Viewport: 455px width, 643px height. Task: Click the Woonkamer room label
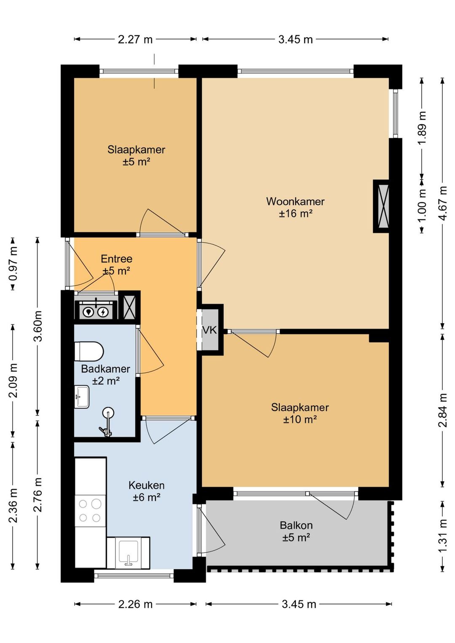(295, 201)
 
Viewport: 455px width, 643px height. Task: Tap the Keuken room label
(147, 485)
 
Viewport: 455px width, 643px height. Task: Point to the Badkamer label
(105, 369)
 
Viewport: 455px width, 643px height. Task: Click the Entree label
(117, 259)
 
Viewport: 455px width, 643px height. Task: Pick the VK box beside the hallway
(210, 330)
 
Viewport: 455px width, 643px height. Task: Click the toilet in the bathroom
(89, 351)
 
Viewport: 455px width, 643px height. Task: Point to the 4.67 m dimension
(443, 203)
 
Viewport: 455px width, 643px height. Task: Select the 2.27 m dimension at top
(135, 39)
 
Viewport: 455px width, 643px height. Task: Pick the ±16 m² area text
(295, 214)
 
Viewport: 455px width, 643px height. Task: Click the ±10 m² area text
(300, 420)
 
